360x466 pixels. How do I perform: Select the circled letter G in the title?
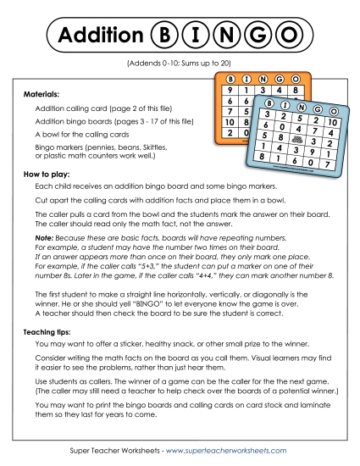[257, 35]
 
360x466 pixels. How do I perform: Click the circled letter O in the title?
[289, 35]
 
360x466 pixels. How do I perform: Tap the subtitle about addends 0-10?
[180, 64]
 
